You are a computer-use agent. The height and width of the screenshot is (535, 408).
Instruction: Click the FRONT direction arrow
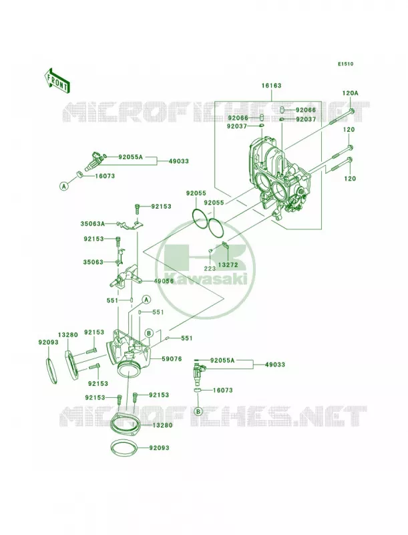coord(57,80)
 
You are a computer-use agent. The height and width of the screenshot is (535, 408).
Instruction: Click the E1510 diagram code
coord(346,64)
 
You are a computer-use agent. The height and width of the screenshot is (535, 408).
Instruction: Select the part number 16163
coord(271,86)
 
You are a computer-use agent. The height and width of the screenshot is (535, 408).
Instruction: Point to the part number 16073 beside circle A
coord(105,176)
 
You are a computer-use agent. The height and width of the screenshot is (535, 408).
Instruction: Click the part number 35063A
coord(92,224)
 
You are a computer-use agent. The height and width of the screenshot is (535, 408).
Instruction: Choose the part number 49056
coord(164,281)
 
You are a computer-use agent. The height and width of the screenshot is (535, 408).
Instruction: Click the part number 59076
coord(172,359)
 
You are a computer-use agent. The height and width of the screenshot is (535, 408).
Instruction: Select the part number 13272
coord(228,265)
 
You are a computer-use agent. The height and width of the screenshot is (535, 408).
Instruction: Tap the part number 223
coord(210,269)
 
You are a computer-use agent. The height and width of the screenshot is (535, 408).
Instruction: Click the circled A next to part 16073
coord(63,186)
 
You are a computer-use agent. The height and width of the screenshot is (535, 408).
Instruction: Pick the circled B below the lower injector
coord(198,412)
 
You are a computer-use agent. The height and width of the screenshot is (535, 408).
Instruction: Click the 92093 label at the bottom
coord(159,447)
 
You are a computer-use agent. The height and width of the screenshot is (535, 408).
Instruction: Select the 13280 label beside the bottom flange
coord(162,425)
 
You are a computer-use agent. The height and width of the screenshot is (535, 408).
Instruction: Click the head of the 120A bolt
coord(352,111)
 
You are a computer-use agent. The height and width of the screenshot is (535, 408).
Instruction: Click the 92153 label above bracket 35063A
coord(161,207)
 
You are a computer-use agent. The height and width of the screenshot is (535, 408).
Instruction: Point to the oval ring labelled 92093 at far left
coord(51,370)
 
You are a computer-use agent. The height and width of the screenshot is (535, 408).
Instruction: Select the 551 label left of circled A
coord(112,300)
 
